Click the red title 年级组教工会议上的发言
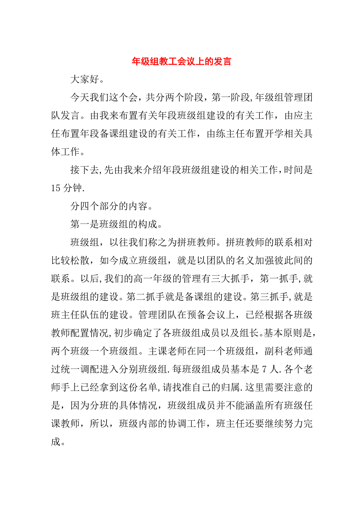point(181,61)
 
